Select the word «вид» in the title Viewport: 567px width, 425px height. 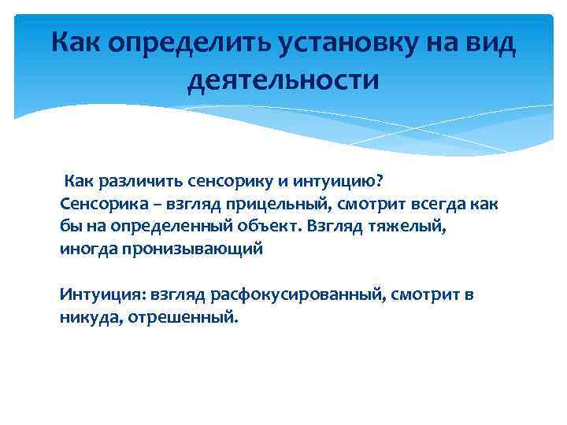pos(491,42)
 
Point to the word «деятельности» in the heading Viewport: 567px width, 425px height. pos(283,79)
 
